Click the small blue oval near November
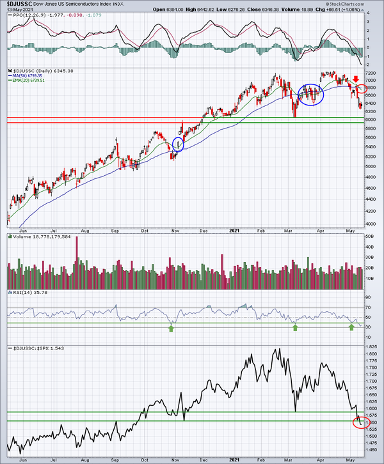click(178, 144)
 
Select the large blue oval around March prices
click(311, 95)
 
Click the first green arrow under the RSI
click(171, 328)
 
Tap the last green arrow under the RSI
click(351, 328)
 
